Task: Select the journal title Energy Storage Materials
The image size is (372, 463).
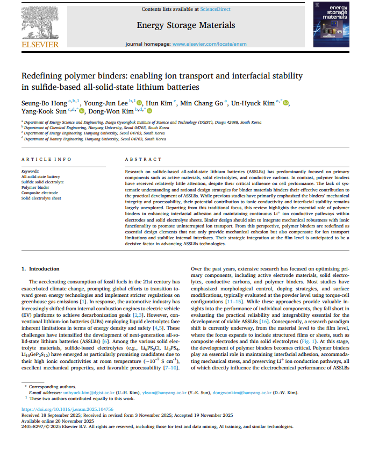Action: coord(185,25)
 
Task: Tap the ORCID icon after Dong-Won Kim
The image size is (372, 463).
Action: coord(149,111)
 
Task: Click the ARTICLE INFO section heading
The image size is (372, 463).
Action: coord(46,160)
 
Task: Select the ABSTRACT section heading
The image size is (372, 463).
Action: coord(143,160)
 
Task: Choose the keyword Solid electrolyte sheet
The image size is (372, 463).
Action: coord(41,198)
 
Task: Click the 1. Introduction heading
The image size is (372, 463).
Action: coord(40,268)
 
